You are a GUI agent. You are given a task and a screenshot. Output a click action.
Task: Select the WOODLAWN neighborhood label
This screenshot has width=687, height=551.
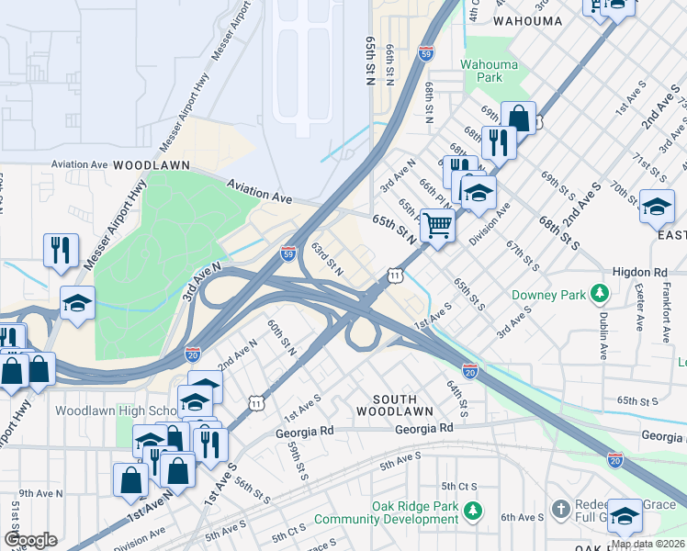[152, 164]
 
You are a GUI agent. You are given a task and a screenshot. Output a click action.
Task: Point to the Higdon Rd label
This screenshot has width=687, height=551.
[639, 273]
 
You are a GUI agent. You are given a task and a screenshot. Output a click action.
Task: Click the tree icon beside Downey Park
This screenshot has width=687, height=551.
[600, 293]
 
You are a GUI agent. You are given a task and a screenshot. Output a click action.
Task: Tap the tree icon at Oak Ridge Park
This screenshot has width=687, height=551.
[472, 508]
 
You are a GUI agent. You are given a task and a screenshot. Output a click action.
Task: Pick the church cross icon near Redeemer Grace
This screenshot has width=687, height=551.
[560, 508]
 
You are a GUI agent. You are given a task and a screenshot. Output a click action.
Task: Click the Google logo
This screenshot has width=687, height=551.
[30, 539]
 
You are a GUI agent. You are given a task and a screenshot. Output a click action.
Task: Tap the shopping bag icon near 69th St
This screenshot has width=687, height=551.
[518, 118]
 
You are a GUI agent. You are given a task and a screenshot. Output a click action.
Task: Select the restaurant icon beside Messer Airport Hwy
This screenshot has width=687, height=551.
[61, 250]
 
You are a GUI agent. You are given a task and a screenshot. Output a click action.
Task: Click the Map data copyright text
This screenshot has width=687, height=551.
[648, 544]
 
